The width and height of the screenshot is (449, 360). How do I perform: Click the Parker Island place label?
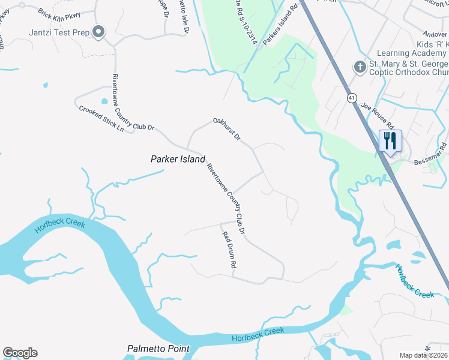(177, 159)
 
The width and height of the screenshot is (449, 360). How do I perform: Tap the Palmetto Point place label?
(158, 349)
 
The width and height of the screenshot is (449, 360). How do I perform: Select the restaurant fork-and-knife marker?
(390, 141)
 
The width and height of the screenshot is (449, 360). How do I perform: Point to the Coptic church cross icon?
(360, 66)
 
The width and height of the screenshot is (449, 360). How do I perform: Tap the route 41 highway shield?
(351, 97)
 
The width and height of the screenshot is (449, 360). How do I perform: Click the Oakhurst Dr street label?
(227, 130)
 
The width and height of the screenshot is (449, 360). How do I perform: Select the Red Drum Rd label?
(229, 250)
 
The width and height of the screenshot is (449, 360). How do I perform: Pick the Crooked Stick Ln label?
(101, 119)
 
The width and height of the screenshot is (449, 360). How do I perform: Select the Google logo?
(20, 353)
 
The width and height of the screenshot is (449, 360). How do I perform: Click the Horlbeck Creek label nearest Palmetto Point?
(258, 334)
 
